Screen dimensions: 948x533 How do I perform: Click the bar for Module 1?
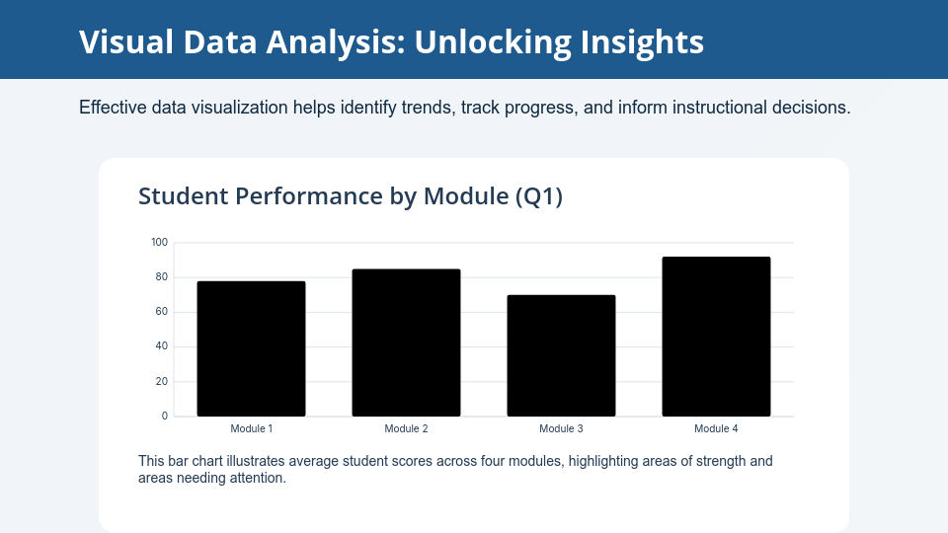tap(251, 348)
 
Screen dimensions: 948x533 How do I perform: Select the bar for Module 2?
tap(406, 343)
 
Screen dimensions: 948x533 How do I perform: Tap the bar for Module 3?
tap(561, 356)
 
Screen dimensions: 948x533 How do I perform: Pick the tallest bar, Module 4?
tap(717, 337)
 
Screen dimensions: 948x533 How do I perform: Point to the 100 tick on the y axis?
tap(160, 243)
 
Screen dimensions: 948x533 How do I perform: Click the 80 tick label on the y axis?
tap(161, 277)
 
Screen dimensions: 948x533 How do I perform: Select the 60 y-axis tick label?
tap(161, 312)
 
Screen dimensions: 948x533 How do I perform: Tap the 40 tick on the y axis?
tap(161, 346)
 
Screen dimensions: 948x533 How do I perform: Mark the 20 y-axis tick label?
tap(161, 381)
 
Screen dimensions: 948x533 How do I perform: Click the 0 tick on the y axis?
tap(165, 416)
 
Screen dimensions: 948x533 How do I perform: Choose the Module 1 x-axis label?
tap(252, 428)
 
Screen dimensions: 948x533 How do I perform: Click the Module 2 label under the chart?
tap(406, 428)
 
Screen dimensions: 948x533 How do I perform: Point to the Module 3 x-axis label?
tap(561, 428)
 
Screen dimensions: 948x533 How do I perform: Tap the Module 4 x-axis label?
tap(716, 428)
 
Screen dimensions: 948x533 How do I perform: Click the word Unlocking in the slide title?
tap(493, 42)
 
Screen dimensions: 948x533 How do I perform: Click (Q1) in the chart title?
tap(539, 196)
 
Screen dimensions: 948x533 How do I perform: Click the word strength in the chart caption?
tap(721, 461)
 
